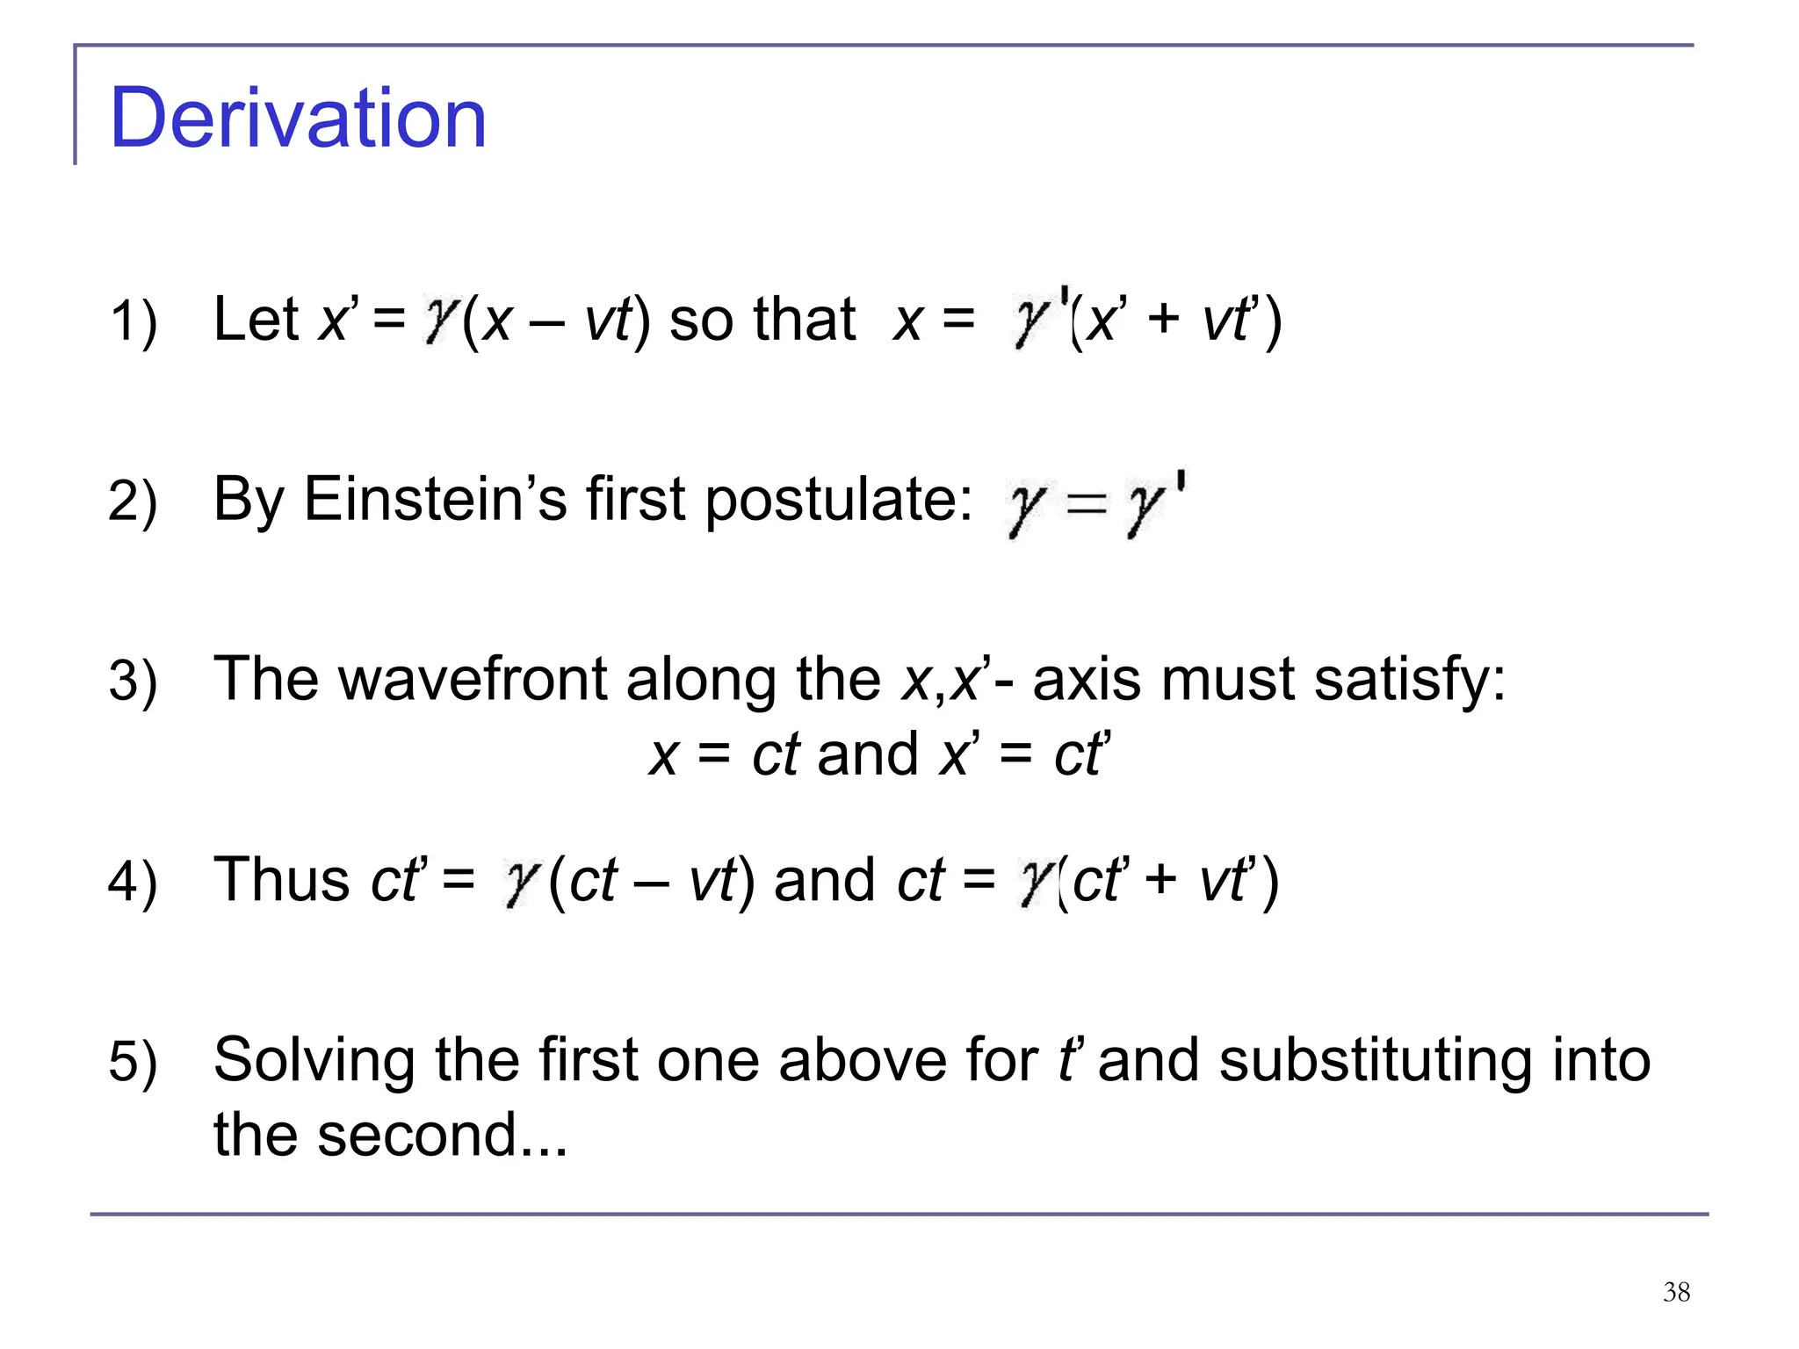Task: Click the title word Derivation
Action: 298,119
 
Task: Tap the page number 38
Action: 1676,1292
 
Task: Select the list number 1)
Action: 133,321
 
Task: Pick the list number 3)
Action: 133,681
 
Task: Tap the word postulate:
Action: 839,501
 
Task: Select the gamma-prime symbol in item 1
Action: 1038,318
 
